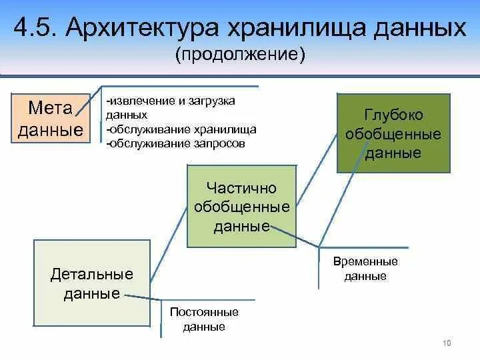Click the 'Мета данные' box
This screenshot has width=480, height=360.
51,117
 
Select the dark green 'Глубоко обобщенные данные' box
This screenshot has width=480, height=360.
393,133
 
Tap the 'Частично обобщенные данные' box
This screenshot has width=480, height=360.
241,206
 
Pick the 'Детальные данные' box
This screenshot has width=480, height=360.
92,283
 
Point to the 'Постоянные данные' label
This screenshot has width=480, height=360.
204,319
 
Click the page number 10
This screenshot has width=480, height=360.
447,343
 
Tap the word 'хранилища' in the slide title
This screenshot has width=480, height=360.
293,29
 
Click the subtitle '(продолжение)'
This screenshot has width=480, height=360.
240,55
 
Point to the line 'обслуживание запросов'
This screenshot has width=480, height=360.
175,143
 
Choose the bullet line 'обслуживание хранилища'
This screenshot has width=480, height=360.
181,129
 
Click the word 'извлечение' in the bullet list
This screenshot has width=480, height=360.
138,101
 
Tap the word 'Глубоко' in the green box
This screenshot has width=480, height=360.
393,115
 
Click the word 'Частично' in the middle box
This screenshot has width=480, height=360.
241,189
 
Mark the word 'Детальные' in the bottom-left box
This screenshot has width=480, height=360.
92,274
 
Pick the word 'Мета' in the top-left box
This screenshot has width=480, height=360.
51,108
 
